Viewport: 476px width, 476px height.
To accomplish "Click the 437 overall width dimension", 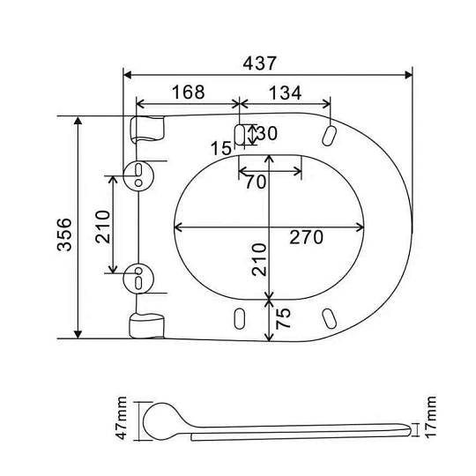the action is click(259, 63).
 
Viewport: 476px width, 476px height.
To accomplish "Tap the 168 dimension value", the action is click(189, 92).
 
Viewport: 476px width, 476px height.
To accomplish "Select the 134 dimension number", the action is click(286, 93).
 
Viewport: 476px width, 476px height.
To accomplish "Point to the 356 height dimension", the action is click(64, 234).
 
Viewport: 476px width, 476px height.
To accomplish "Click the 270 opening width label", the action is click(306, 237).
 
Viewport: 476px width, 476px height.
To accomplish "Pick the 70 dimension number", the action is click(256, 182).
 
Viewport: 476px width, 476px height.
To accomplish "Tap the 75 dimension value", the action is click(283, 318).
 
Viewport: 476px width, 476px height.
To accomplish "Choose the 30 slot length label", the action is click(267, 133).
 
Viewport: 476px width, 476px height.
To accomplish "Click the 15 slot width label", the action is click(221, 148).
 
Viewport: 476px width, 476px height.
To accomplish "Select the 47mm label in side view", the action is click(121, 418).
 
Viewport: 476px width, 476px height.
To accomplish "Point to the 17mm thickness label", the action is click(430, 417).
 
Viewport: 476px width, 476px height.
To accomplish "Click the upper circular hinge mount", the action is click(138, 176).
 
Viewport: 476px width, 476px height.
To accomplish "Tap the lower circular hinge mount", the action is click(138, 279).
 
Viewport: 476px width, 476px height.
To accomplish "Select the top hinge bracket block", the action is click(147, 130).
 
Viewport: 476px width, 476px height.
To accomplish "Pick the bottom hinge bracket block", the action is click(147, 325).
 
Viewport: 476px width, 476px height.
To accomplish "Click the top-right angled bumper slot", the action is click(329, 136).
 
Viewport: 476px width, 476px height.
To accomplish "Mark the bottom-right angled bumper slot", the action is click(329, 318).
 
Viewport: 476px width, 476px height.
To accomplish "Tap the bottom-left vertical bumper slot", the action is click(240, 318).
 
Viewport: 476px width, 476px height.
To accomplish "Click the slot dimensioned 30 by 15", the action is click(240, 135).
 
